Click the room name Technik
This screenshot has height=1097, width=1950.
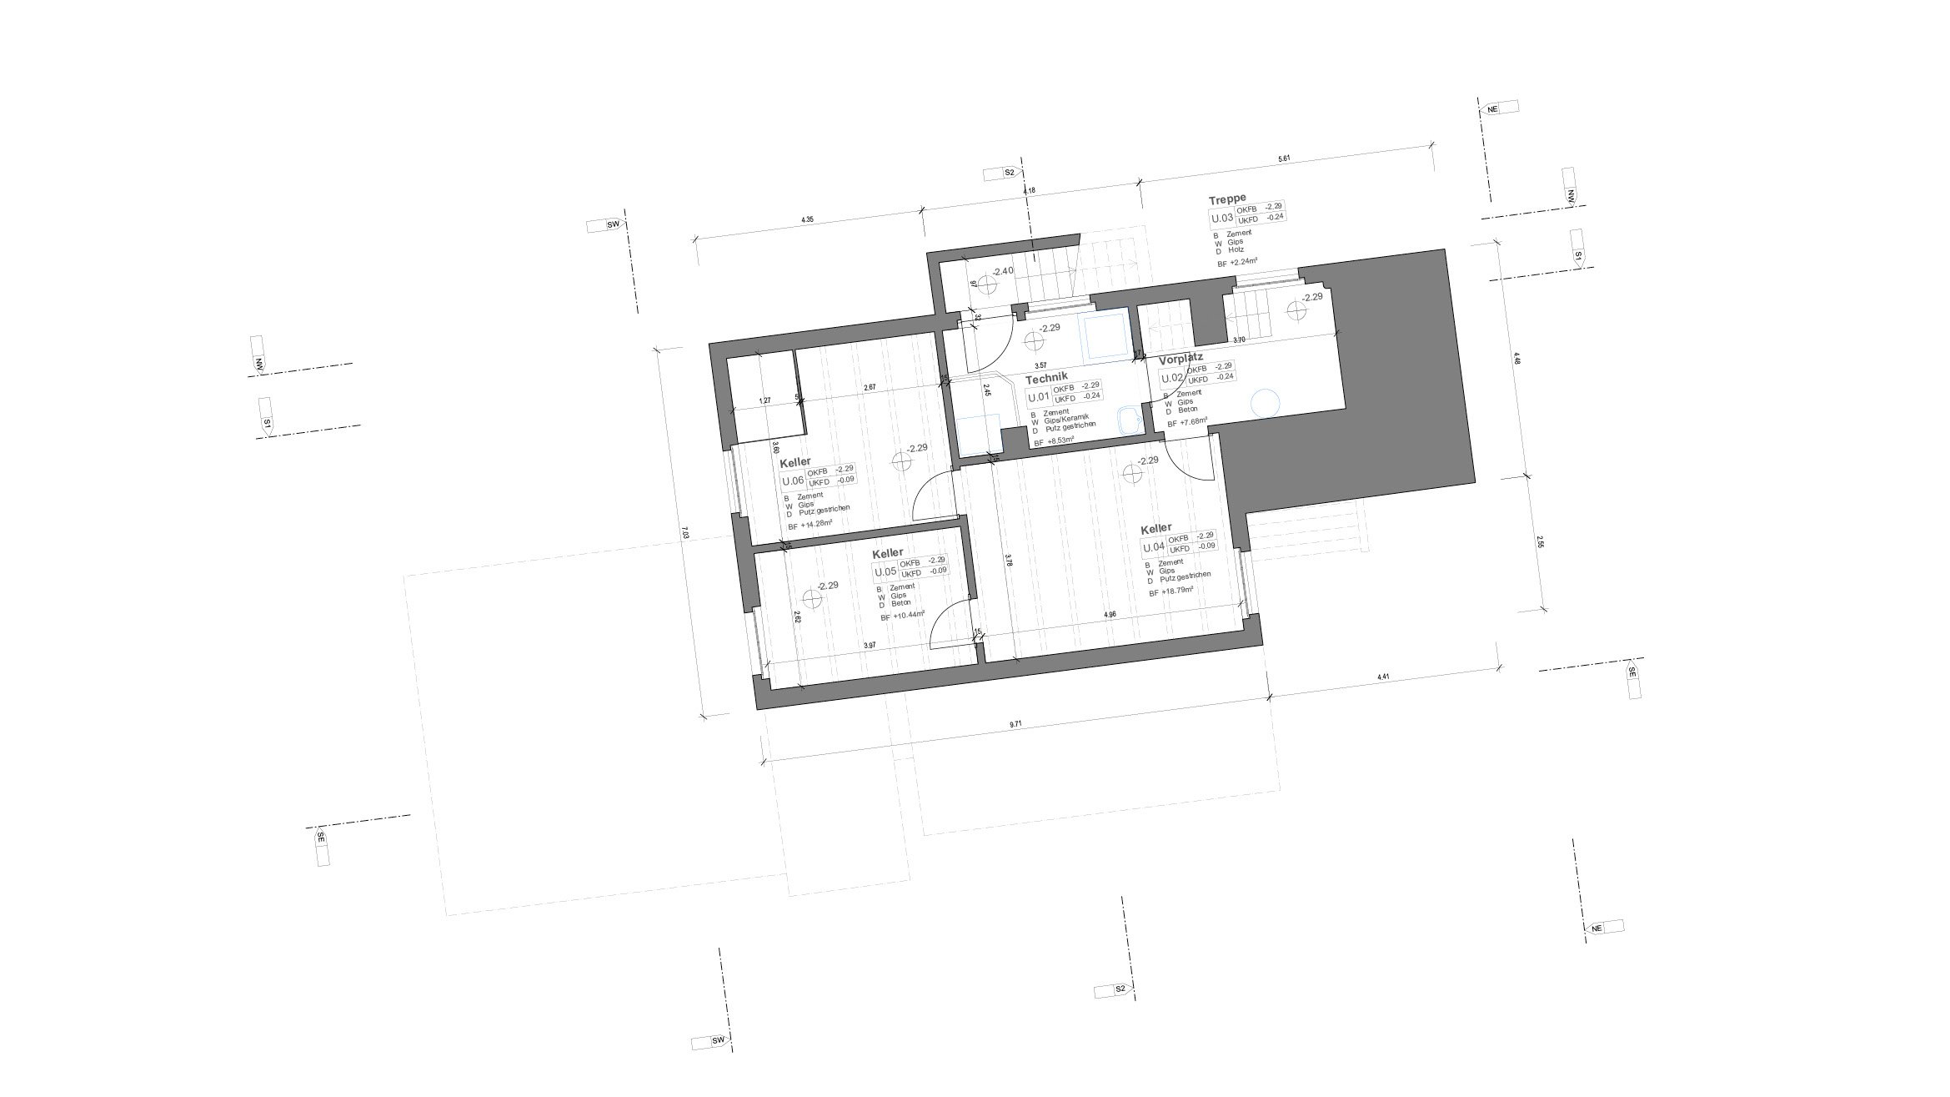pos(1045,377)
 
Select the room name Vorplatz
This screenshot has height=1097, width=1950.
pos(1181,358)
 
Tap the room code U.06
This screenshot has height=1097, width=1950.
pos(209,481)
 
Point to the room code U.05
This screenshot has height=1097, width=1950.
pos(885,571)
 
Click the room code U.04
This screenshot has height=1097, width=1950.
pos(1153,547)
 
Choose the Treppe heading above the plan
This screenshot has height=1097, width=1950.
pos(1226,200)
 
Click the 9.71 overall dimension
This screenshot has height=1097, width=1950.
pos(1015,725)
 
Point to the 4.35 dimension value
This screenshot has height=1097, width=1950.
pos(807,219)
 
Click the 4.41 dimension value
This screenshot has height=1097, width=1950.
pos(1383,677)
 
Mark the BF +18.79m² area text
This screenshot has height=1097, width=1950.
pos(1171,591)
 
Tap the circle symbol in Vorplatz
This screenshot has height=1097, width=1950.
pos(1266,404)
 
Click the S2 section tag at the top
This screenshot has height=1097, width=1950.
pos(1009,173)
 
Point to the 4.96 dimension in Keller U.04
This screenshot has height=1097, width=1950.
pos(1110,615)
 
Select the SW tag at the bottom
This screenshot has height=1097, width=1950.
pos(718,1041)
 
